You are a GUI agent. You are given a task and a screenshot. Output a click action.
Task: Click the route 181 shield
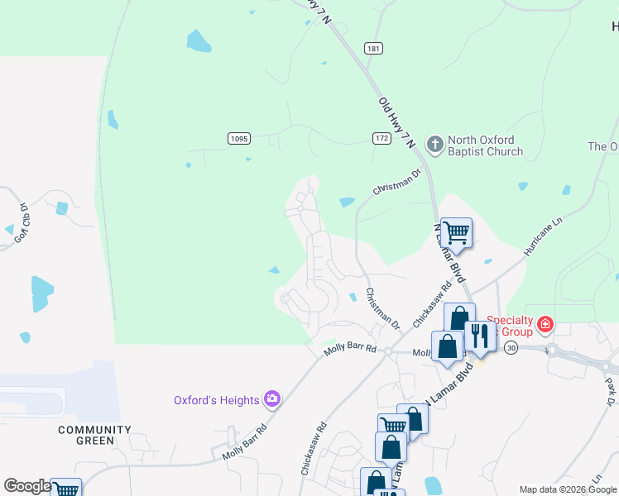(373, 49)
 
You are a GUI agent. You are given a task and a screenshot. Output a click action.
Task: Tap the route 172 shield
(381, 138)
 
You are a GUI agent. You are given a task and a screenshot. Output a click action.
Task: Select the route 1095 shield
(238, 138)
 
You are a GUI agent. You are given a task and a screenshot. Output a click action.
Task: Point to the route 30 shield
(511, 348)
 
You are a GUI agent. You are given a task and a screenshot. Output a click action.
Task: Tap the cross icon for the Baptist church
(435, 145)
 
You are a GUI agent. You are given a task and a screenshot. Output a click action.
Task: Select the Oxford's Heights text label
(217, 400)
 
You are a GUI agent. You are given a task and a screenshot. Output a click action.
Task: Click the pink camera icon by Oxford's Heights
(272, 400)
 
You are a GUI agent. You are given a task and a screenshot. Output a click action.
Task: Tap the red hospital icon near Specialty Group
(545, 323)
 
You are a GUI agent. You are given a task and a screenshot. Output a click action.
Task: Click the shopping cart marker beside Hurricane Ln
(456, 231)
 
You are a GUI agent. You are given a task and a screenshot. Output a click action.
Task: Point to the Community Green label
(94, 435)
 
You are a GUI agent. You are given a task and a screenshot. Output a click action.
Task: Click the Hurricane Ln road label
(542, 235)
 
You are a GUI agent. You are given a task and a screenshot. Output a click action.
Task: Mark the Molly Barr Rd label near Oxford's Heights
(244, 444)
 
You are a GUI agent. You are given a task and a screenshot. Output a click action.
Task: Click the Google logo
(26, 486)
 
